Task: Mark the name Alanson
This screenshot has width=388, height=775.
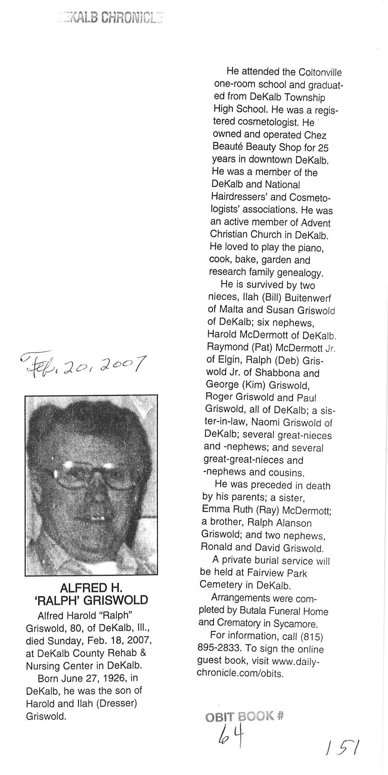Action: [294, 523]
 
